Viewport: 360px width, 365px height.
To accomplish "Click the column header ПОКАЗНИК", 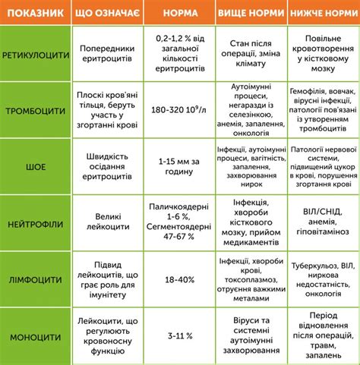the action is [33, 14].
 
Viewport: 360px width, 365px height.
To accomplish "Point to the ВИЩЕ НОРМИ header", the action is [247, 14].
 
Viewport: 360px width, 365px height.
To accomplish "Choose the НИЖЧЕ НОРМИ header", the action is [321, 14].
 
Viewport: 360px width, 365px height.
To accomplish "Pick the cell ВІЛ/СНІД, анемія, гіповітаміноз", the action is [321, 225].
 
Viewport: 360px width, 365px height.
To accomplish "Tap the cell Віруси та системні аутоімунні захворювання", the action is [247, 334].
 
